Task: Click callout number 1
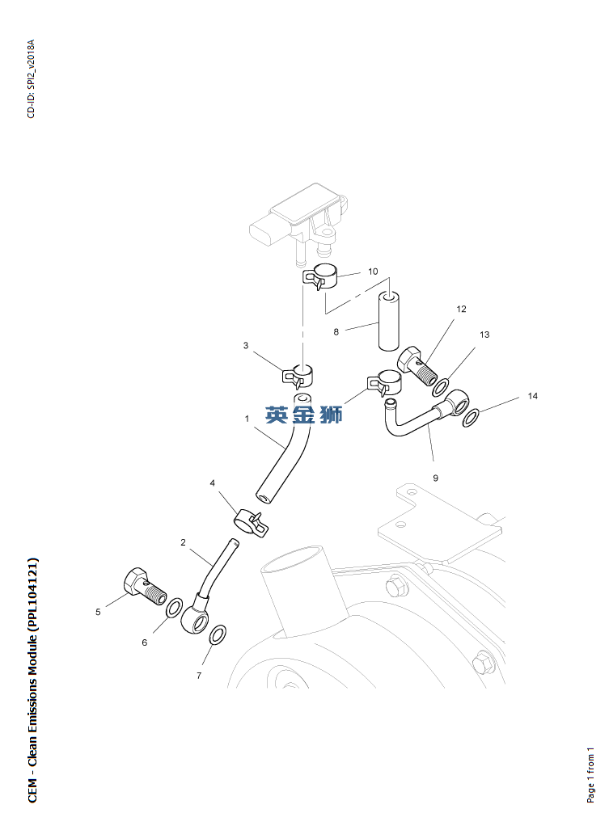[247, 419]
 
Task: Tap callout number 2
[184, 542]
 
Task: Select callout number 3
[246, 346]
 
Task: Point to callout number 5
[98, 612]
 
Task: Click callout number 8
[336, 331]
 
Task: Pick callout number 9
[435, 478]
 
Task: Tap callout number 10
[373, 272]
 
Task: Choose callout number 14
[533, 396]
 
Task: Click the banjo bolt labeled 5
[143, 587]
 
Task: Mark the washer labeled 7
[218, 634]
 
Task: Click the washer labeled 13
[442, 386]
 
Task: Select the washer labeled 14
[472, 418]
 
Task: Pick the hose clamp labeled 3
[298, 375]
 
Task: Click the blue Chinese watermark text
[304, 415]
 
